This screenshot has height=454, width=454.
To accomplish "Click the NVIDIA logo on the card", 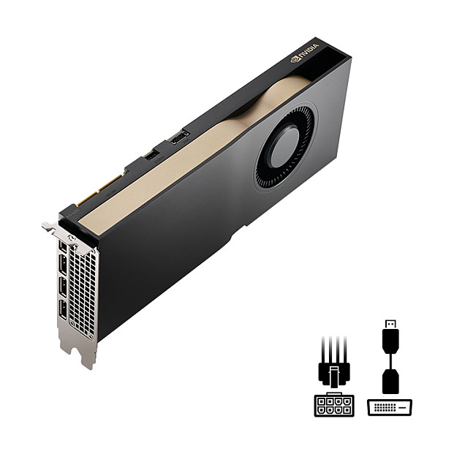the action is coord(304,53).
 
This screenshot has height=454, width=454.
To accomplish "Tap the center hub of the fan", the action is coord(284,148).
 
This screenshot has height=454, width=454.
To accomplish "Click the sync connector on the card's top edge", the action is coord(180,137).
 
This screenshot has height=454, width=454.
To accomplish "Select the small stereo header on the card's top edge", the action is coord(151,156).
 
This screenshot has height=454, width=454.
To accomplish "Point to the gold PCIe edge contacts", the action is coord(100,188).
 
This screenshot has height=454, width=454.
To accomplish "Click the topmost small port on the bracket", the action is coord(63,246).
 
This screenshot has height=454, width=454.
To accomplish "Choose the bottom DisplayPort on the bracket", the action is coord(63,310).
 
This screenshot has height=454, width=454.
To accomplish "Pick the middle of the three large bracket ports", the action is coord(63,287).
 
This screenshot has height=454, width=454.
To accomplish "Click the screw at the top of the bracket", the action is coord(71,238).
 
